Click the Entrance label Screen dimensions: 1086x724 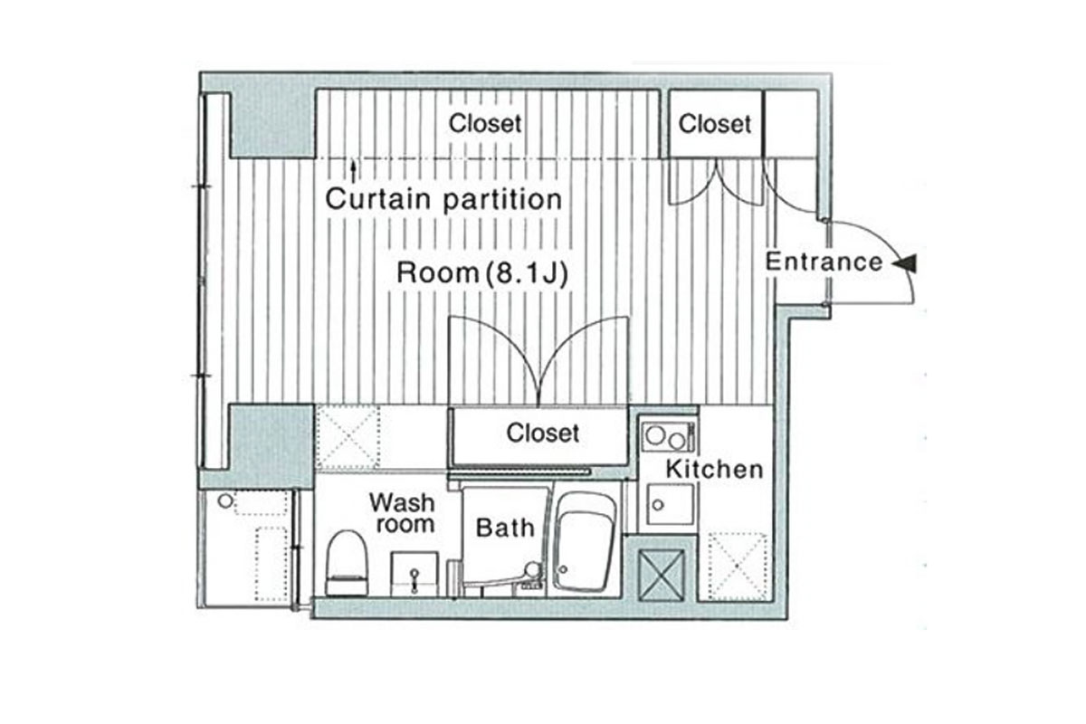824,262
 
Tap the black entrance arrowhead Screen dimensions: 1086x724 905,263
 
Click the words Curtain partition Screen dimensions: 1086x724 443,199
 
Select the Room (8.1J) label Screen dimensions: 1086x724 481,273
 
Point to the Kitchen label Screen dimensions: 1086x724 715,470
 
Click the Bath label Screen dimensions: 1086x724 505,528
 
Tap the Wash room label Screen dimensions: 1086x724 402,513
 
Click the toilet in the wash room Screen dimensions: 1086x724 347,563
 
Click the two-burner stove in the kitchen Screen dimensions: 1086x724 668,437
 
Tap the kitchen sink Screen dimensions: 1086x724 671,504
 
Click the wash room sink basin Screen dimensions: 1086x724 414,573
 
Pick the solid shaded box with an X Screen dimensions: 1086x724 662,575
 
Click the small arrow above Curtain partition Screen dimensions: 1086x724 354,172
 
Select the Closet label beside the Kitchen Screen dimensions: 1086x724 542,433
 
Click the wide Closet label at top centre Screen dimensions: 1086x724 485,123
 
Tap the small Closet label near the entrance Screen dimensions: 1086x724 715,124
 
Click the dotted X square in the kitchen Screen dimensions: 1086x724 738,567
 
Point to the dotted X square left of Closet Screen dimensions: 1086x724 348,438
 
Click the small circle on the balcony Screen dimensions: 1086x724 225,501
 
